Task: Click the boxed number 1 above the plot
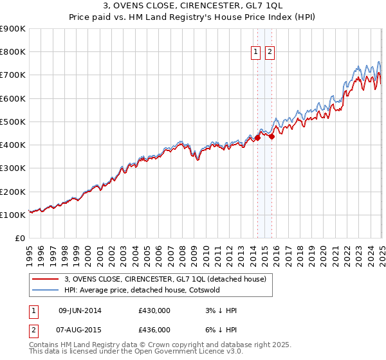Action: click(x=255, y=53)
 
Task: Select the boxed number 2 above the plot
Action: click(x=269, y=53)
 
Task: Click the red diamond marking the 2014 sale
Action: click(x=257, y=138)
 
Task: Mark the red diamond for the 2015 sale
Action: click(x=271, y=136)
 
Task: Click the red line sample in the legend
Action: click(x=46, y=279)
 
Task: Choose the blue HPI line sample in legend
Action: click(x=46, y=290)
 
